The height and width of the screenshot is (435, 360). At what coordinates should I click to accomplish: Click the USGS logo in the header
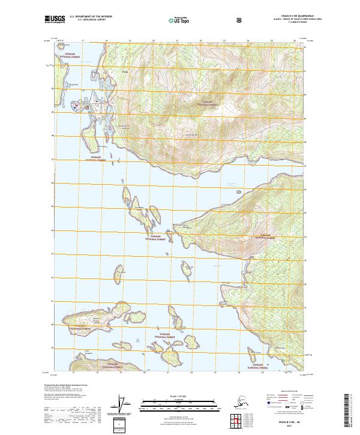click(x=55, y=20)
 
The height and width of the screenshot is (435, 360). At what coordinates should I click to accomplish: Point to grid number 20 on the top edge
click(x=154, y=41)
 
